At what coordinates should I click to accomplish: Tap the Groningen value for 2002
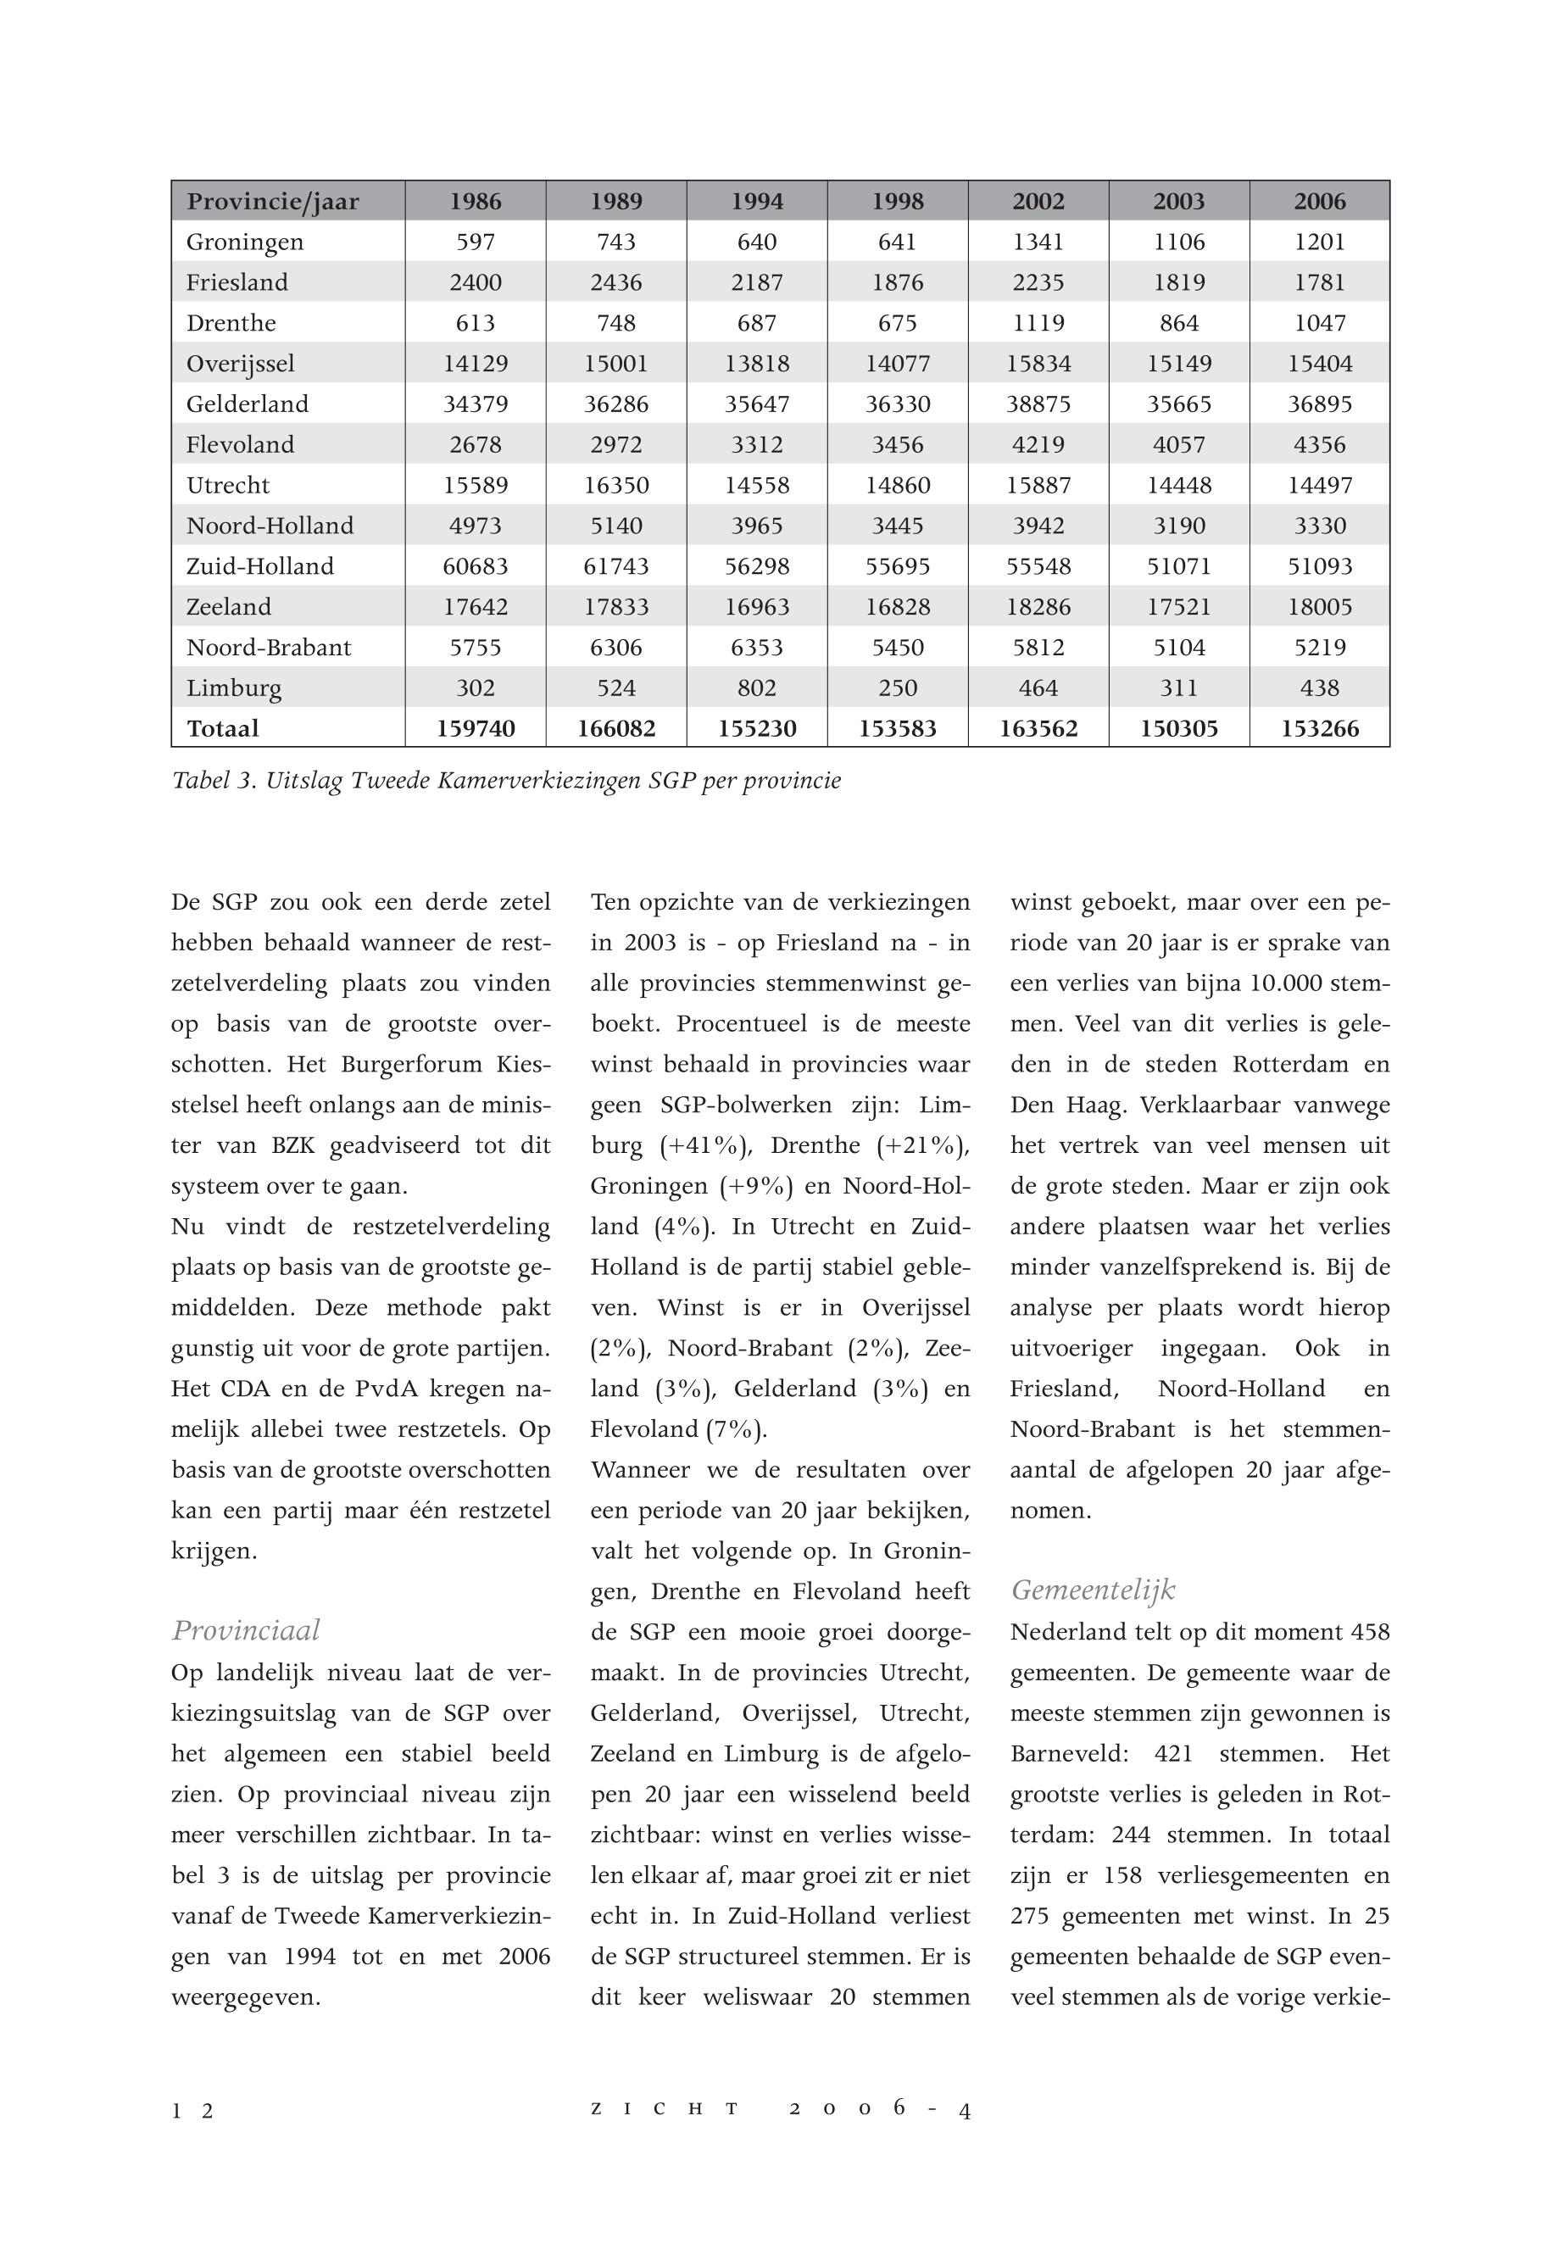pos(1038,242)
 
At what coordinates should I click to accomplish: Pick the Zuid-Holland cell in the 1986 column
pos(476,566)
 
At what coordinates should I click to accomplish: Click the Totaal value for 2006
pos(1319,729)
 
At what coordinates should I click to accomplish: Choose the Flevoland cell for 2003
pos(1179,445)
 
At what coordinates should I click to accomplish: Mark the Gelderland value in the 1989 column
pos(616,404)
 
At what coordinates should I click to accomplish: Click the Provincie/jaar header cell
pos(274,202)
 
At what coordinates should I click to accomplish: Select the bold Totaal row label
pos(224,729)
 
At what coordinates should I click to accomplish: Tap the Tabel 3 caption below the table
pos(506,781)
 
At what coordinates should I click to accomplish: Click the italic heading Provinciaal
pos(246,1629)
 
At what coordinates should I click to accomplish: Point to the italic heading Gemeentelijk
pos(1093,1590)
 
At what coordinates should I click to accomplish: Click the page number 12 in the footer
pos(192,2111)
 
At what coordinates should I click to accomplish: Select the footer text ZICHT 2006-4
pos(780,2110)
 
